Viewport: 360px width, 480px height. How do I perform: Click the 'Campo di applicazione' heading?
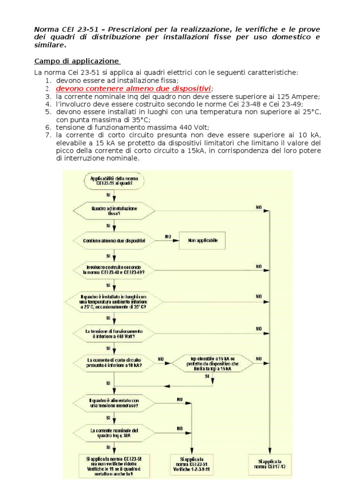[x=77, y=61]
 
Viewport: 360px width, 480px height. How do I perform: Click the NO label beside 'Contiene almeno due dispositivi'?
[x=167, y=236]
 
